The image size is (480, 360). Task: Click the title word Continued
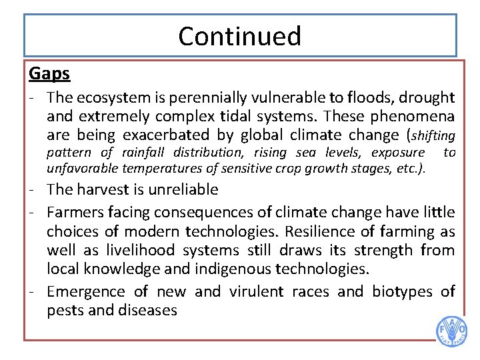[240, 36]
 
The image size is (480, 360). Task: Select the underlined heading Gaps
[49, 73]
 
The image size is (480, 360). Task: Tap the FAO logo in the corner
[451, 331]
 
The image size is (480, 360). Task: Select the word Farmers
[74, 213]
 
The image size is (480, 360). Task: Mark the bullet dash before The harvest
[33, 189]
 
